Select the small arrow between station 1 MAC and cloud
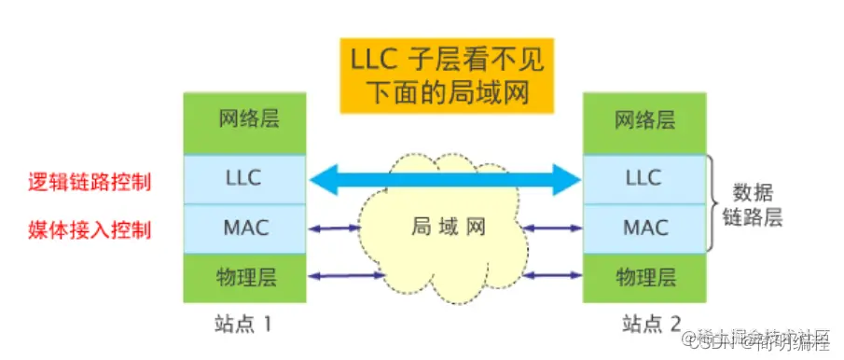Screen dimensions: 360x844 pyautogui.click(x=339, y=227)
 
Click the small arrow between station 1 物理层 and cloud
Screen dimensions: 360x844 pyautogui.click(x=345, y=275)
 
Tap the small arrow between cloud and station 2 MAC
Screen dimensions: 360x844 pyautogui.click(x=551, y=227)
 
